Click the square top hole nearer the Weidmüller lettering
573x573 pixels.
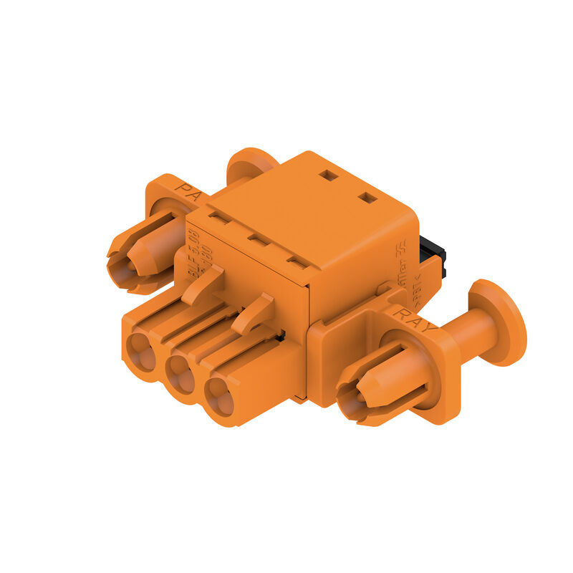point(367,196)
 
